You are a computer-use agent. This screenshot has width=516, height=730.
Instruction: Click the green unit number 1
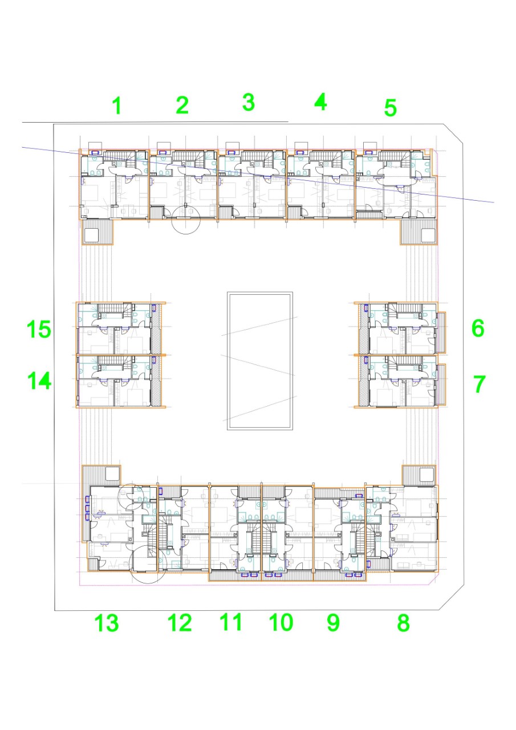pyautogui.click(x=117, y=106)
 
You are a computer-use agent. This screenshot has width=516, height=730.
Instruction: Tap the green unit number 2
pyautogui.click(x=182, y=105)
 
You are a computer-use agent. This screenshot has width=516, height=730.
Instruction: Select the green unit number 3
pyautogui.click(x=249, y=102)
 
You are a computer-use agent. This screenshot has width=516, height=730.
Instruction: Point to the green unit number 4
pyautogui.click(x=320, y=102)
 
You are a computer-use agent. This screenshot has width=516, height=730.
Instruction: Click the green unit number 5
pyautogui.click(x=390, y=108)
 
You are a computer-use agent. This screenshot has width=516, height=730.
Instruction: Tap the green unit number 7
pyautogui.click(x=480, y=384)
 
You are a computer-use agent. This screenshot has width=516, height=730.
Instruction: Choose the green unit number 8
pyautogui.click(x=403, y=623)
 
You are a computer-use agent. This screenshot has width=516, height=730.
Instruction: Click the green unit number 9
pyautogui.click(x=333, y=622)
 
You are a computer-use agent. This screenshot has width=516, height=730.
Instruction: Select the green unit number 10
pyautogui.click(x=281, y=622)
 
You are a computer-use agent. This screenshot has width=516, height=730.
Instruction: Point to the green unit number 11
pyautogui.click(x=231, y=622)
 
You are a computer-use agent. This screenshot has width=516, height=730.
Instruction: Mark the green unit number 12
pyautogui.click(x=180, y=623)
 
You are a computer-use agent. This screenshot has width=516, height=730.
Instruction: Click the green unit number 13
pyautogui.click(x=107, y=623)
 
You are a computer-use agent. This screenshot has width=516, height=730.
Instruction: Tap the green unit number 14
pyautogui.click(x=39, y=382)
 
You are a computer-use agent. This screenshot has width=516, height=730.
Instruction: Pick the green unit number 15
pyautogui.click(x=39, y=329)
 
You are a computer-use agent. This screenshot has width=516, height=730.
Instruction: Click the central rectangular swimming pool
pyautogui.click(x=259, y=361)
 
